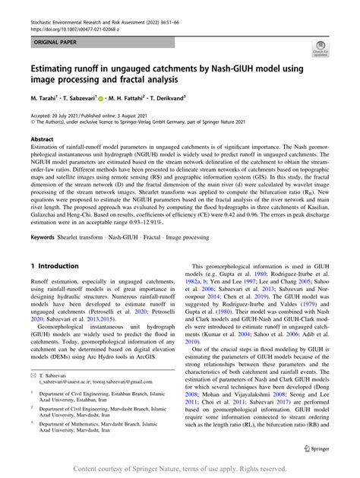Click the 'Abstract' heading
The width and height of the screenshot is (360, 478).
point(42,140)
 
